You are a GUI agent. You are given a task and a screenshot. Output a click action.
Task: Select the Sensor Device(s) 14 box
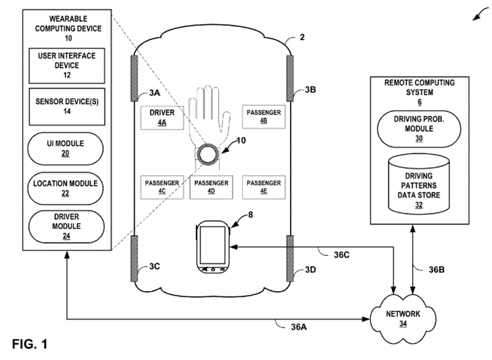coord(67,105)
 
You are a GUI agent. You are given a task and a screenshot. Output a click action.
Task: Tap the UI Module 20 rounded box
coord(67,148)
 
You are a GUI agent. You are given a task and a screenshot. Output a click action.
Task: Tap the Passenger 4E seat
coord(264,187)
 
